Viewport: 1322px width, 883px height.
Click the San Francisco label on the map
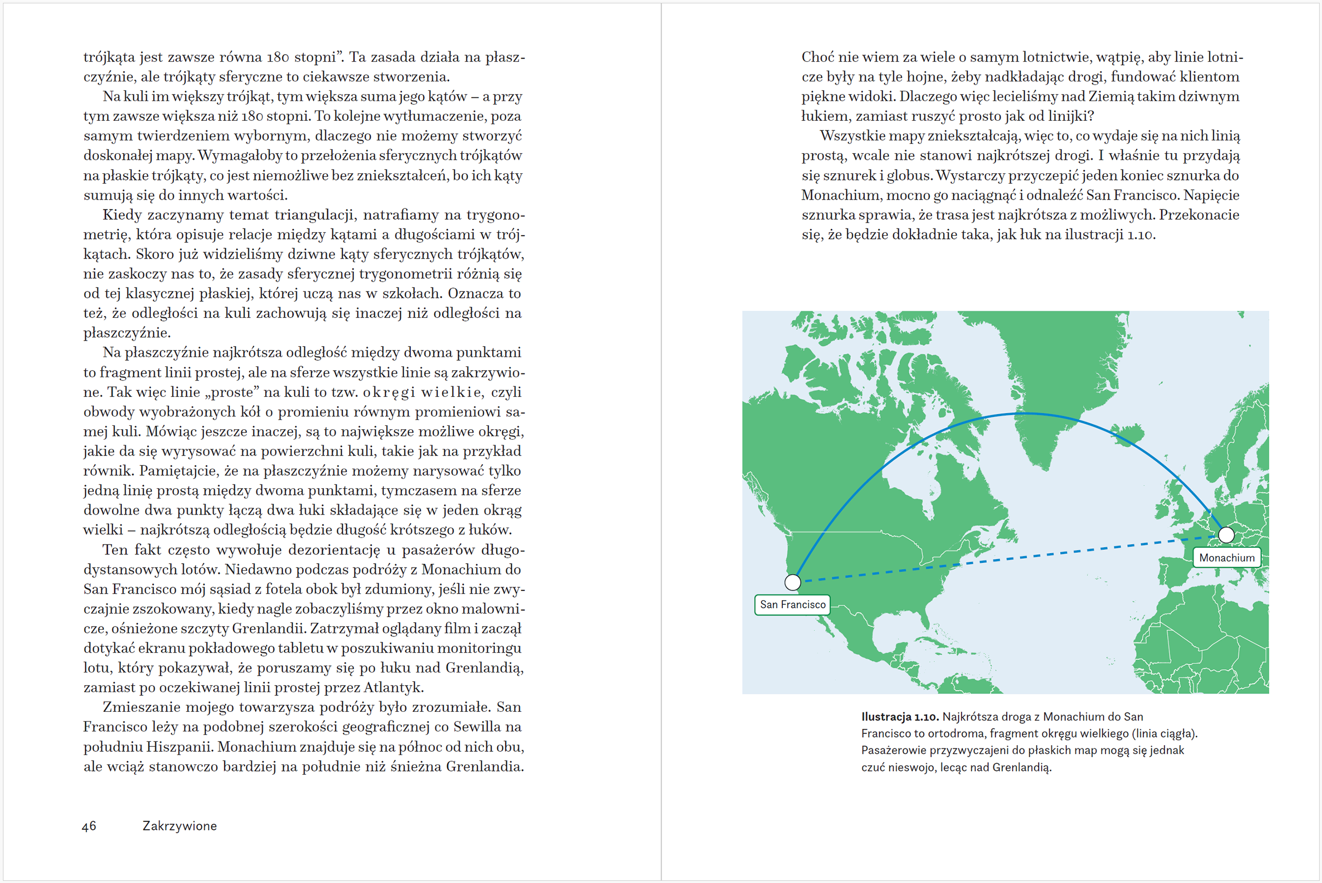[792, 605]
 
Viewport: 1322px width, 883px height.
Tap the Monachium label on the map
[1226, 558]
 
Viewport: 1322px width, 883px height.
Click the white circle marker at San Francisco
[792, 582]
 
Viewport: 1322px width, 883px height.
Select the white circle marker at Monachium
[1226, 534]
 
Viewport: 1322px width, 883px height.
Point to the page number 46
[89, 826]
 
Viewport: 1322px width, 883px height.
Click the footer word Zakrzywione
[180, 826]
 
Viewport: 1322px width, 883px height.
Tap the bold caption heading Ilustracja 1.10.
[899, 717]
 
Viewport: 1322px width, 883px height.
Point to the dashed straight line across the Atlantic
[1014, 558]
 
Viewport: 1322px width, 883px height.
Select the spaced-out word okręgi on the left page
[389, 393]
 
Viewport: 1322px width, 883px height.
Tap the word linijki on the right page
[1069, 116]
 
